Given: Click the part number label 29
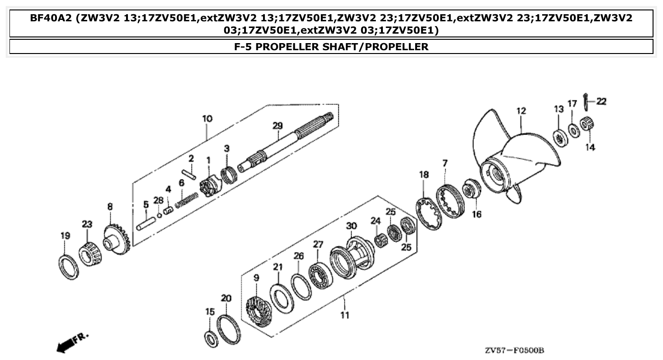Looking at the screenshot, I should tap(277, 126).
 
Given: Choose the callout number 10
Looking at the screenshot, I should tap(207, 118).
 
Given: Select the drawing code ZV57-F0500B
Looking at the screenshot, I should tap(514, 351).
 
